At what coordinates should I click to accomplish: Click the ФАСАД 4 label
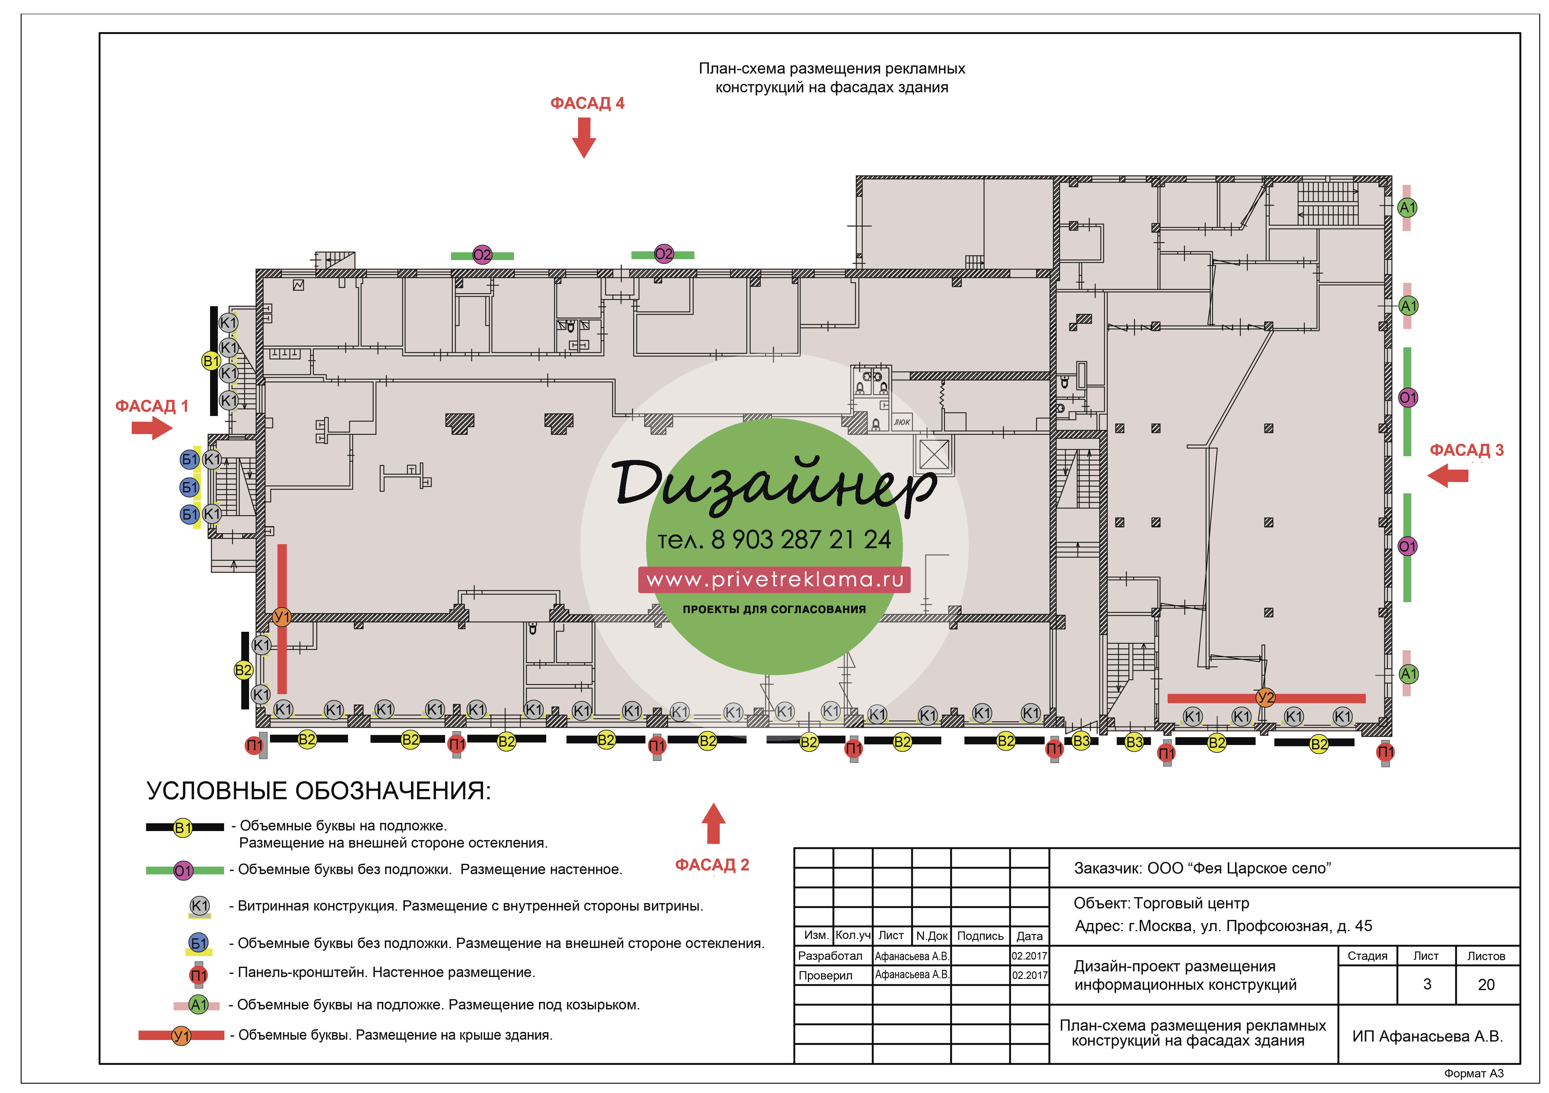click(x=587, y=103)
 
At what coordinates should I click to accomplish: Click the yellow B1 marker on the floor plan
click(x=211, y=361)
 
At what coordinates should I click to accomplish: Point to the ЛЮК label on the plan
click(x=902, y=422)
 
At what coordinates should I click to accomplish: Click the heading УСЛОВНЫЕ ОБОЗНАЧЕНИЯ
click(x=318, y=791)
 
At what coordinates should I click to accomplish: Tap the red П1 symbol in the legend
click(x=199, y=974)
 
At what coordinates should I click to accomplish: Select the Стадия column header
click(x=1368, y=956)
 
